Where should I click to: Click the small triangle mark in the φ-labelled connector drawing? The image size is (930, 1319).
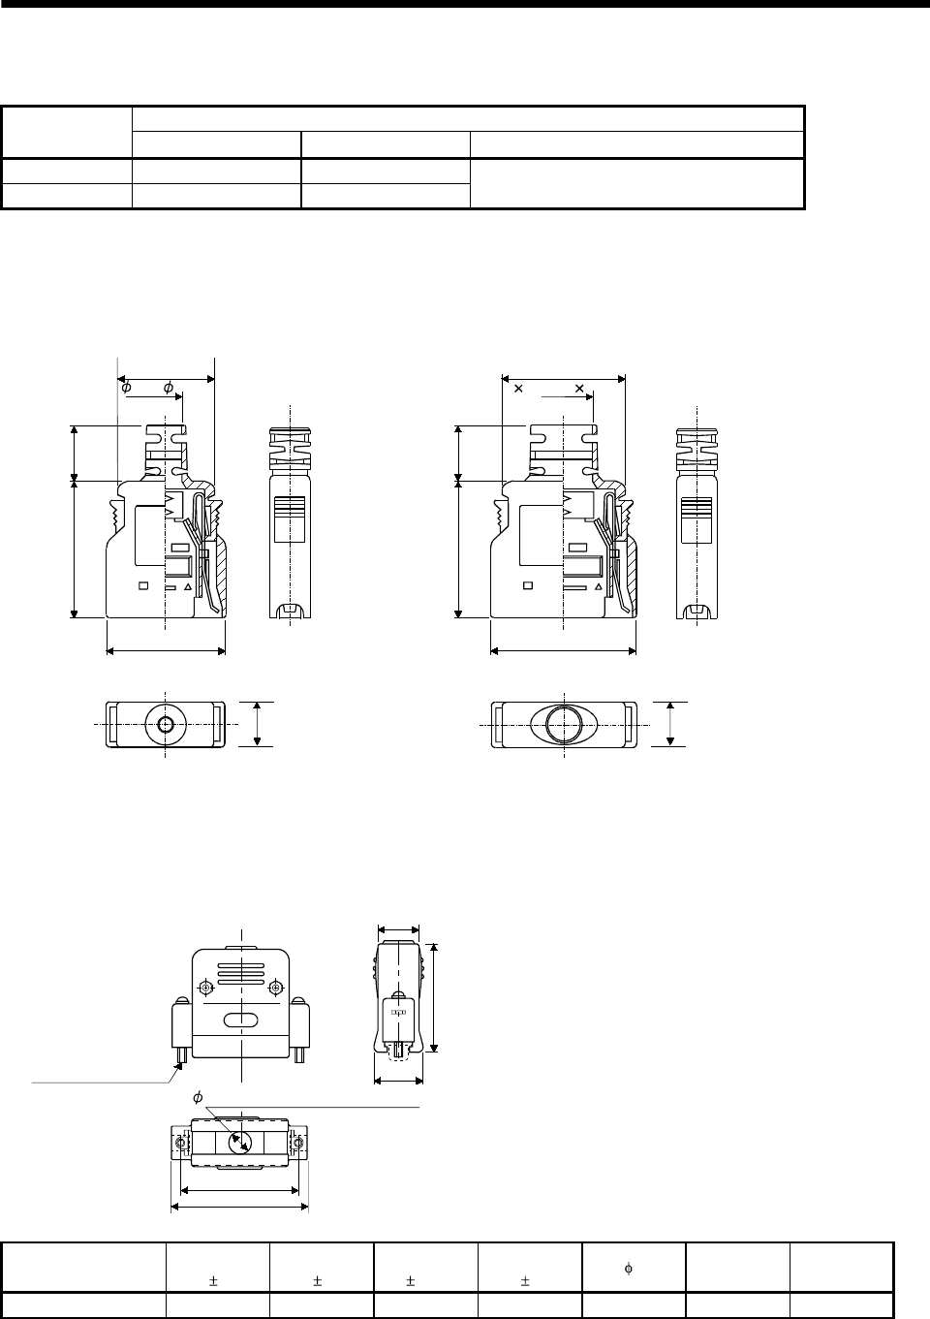[x=188, y=586]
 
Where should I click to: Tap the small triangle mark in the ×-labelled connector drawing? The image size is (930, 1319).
[x=599, y=586]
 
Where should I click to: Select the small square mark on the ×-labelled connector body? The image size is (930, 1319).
[x=528, y=585]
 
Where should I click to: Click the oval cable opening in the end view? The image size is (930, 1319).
[x=564, y=724]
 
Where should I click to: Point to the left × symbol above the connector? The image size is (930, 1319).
[x=518, y=389]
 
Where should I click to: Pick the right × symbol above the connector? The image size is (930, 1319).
[x=579, y=389]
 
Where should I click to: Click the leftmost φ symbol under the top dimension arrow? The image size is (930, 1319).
[x=126, y=388]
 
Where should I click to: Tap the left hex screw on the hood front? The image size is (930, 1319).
[x=205, y=987]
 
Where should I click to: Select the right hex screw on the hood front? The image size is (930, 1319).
[x=275, y=987]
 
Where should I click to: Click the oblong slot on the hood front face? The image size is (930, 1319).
[x=240, y=1021]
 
